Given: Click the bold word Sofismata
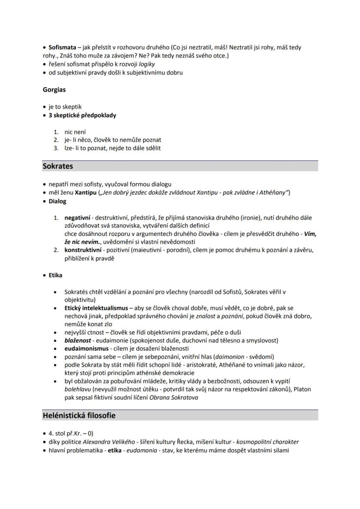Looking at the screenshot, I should pyautogui.click(x=62, y=47).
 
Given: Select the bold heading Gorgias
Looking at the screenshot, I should pyautogui.click(x=54, y=90).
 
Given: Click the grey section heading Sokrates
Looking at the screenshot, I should pyautogui.click(x=58, y=166).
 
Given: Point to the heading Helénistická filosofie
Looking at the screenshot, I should pyautogui.click(x=79, y=415).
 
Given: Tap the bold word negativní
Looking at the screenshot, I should pyautogui.click(x=77, y=217).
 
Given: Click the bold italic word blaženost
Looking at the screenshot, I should pyautogui.click(x=77, y=340).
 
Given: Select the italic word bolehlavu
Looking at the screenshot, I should pyautogui.click(x=77, y=389).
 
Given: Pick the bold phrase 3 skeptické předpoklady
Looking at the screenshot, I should pyautogui.click(x=82, y=116).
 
